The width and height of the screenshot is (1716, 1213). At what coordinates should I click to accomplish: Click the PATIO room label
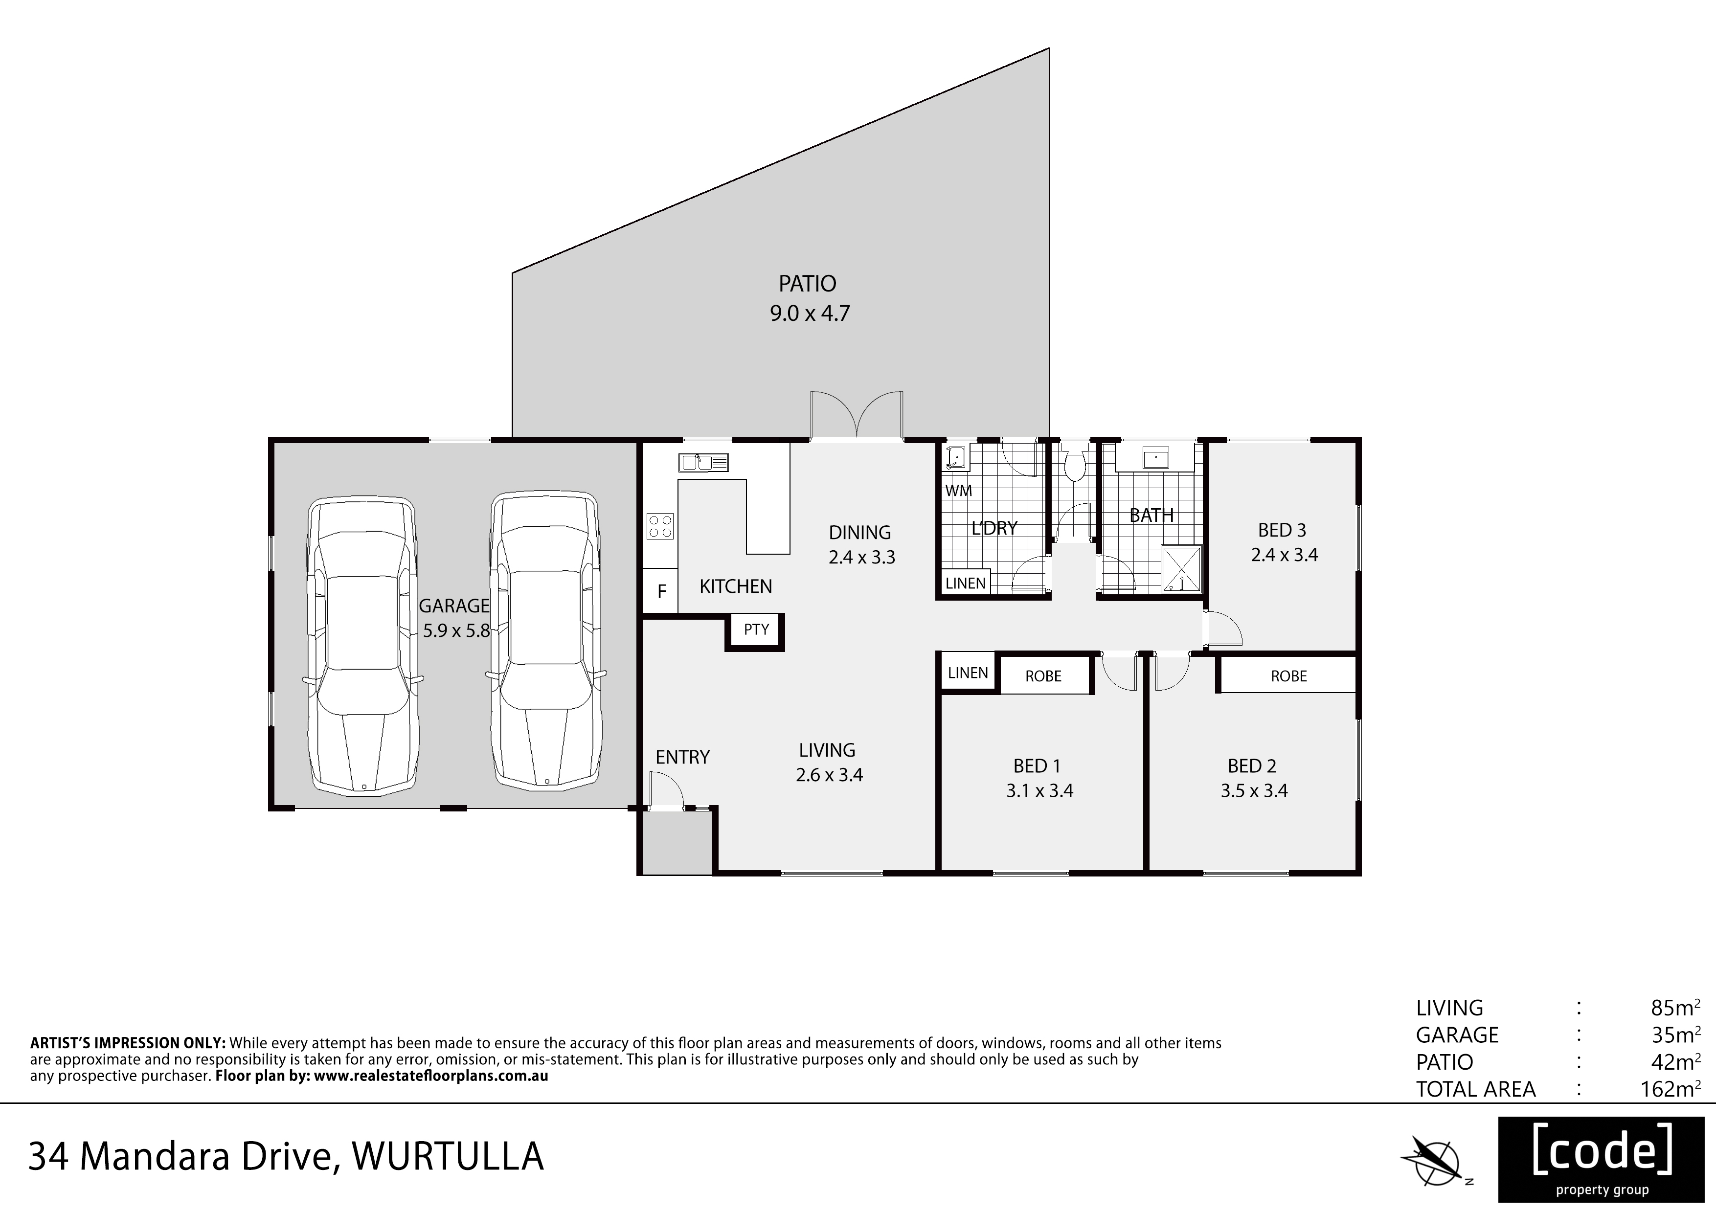807,284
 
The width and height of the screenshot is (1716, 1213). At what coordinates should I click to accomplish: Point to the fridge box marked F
661,592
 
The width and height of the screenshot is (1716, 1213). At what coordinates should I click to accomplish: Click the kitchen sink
702,463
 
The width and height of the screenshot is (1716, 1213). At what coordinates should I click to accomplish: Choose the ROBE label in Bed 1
1043,676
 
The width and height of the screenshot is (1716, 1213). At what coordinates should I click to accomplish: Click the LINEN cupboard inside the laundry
965,583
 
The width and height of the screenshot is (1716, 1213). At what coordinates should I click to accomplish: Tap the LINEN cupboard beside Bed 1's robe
968,673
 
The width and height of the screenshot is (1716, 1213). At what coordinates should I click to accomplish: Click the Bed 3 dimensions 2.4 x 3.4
1284,555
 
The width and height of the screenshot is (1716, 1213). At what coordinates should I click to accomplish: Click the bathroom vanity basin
1155,457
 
